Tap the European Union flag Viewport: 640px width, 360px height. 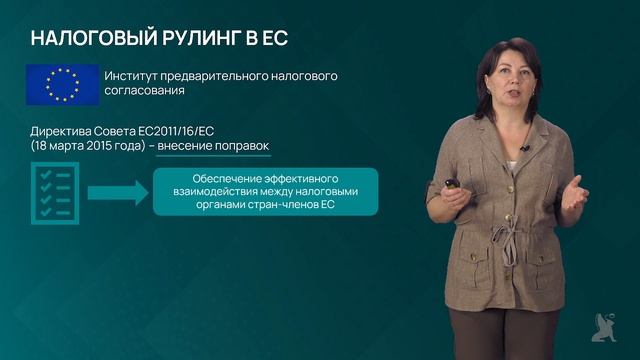tap(62, 84)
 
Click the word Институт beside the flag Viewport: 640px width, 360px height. tap(135, 76)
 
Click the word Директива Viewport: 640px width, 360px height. tap(64, 131)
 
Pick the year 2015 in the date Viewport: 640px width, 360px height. tap(98, 146)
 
